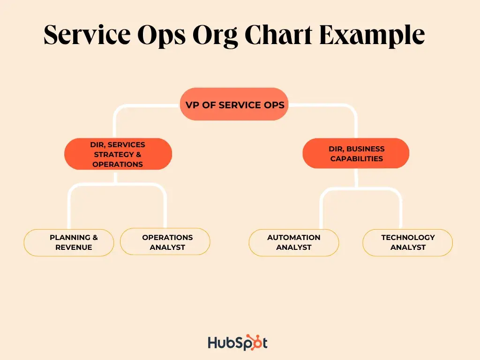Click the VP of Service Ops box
click(234, 104)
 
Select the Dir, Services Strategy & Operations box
click(118, 154)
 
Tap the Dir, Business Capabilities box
click(356, 153)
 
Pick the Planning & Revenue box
click(69, 242)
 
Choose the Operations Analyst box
click(165, 242)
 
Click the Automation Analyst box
click(294, 242)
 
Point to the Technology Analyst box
click(407, 242)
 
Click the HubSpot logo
click(238, 342)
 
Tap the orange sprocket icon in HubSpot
click(254, 342)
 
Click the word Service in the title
click(87, 34)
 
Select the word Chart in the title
click(278, 34)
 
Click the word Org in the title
click(215, 36)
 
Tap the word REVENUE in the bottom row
click(74, 247)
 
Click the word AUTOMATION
click(293, 238)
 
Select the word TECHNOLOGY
click(408, 238)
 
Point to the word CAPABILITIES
click(357, 158)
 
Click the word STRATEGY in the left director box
click(113, 154)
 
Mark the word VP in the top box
click(192, 105)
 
